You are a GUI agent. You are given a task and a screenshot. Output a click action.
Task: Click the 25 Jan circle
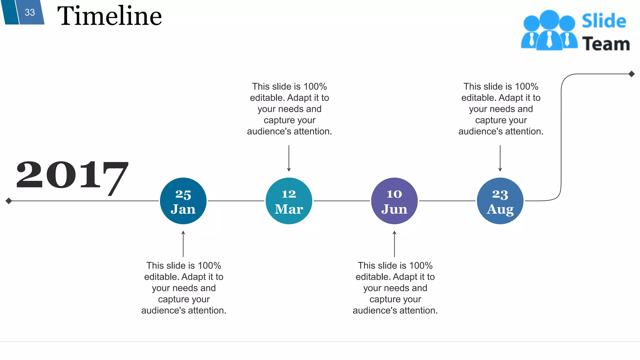183,201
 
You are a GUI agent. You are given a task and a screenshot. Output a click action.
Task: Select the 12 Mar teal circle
289,201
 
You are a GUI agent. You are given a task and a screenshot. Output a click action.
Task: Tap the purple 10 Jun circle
394,201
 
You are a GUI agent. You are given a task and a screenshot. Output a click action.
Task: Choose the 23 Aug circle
500,201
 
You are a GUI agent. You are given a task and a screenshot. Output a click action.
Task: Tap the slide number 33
30,12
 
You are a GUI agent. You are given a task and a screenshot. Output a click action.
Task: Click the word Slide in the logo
604,21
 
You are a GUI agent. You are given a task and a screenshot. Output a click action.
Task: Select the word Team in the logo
606,44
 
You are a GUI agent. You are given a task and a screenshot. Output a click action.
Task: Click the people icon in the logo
549,31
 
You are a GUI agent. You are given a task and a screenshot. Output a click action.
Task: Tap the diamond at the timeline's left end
9,201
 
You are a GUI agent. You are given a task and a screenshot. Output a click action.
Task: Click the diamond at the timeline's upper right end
632,74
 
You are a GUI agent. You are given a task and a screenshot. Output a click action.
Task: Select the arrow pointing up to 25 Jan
183,244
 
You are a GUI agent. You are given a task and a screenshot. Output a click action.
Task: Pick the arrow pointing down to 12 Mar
289,158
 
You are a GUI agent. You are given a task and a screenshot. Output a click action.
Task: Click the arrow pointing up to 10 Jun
394,244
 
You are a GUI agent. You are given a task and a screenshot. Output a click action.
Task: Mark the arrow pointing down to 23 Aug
500,158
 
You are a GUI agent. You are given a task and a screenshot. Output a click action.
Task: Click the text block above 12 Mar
289,109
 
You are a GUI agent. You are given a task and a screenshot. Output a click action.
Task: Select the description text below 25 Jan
184,288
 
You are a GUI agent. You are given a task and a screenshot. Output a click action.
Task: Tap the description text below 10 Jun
395,288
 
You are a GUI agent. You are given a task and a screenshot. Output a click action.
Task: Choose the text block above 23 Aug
501,109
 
